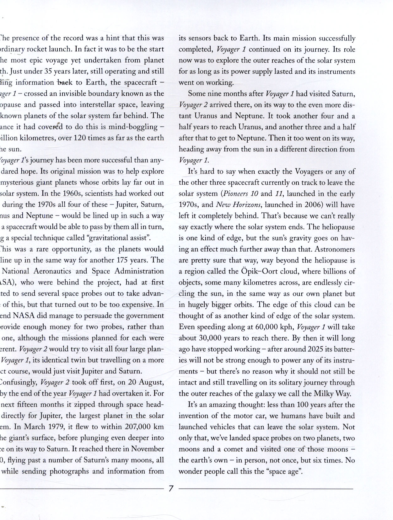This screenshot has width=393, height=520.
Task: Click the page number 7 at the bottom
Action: [171, 488]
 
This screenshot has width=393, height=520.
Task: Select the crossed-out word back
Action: [65, 82]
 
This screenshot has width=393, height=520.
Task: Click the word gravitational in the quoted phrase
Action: [108, 238]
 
